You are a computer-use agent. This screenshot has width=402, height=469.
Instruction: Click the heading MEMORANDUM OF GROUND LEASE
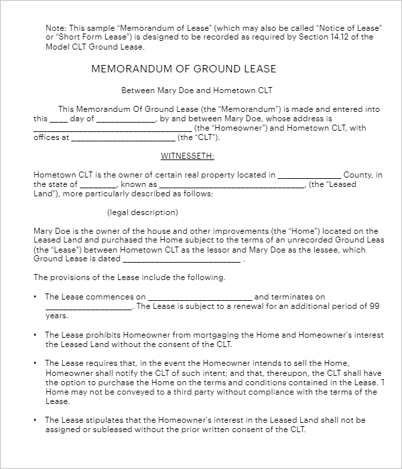click(183, 69)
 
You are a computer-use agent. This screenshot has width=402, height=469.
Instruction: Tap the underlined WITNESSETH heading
click(187, 156)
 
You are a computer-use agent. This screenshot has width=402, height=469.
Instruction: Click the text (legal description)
click(143, 212)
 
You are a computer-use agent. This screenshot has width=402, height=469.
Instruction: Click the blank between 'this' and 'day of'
click(59, 119)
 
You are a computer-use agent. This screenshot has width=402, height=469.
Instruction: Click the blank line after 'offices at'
click(123, 139)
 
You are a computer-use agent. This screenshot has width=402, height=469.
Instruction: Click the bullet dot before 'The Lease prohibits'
click(35, 335)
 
